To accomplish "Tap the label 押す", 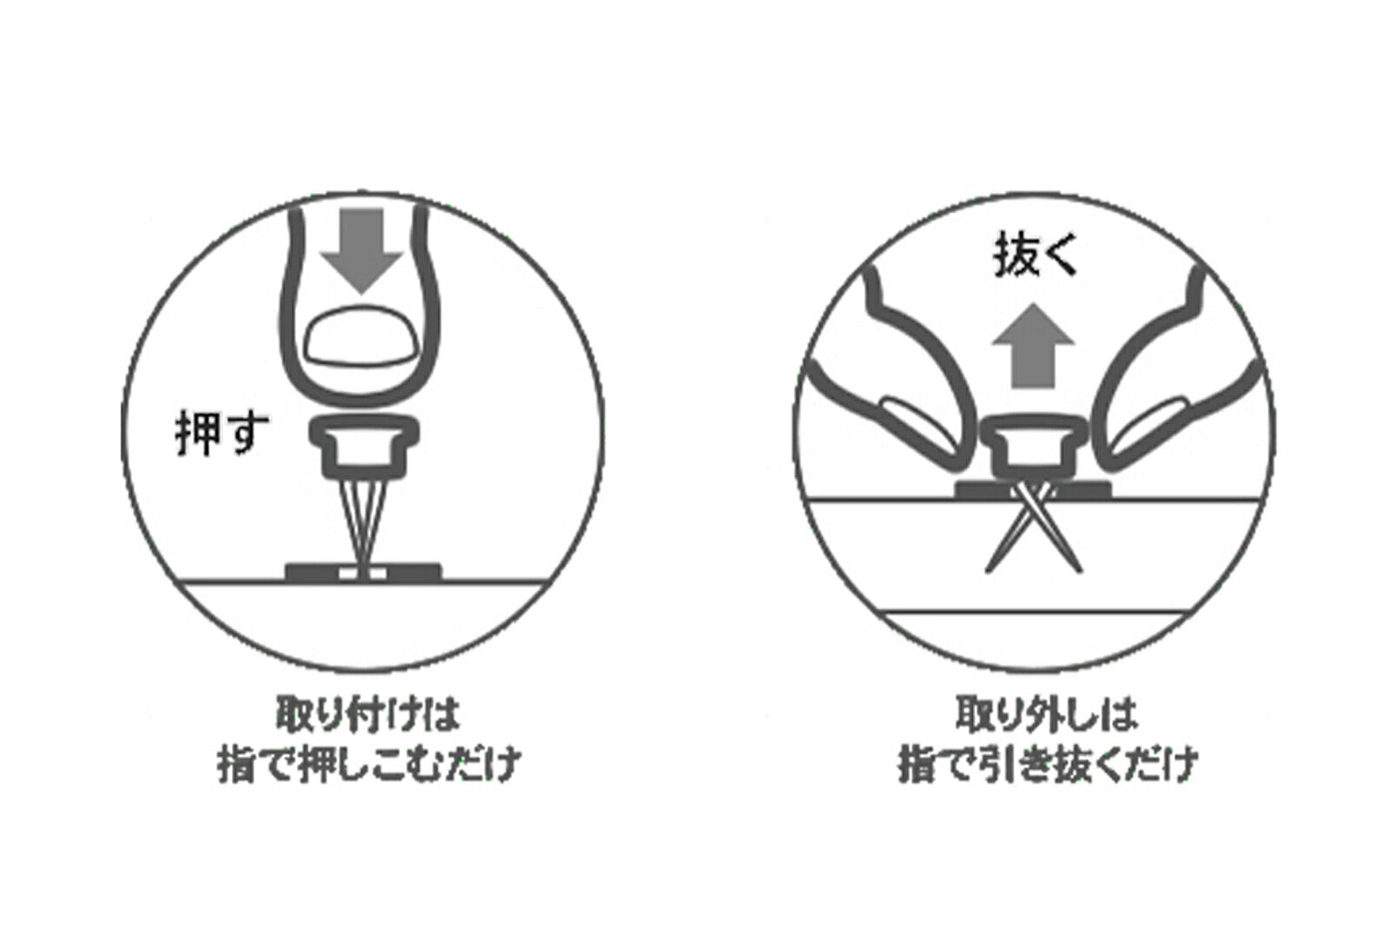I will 222,432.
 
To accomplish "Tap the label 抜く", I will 1035,256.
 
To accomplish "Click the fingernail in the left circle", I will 361,338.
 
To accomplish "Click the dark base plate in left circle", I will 363,572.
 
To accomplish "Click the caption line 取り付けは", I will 367,714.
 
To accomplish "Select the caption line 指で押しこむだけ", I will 369,765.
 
